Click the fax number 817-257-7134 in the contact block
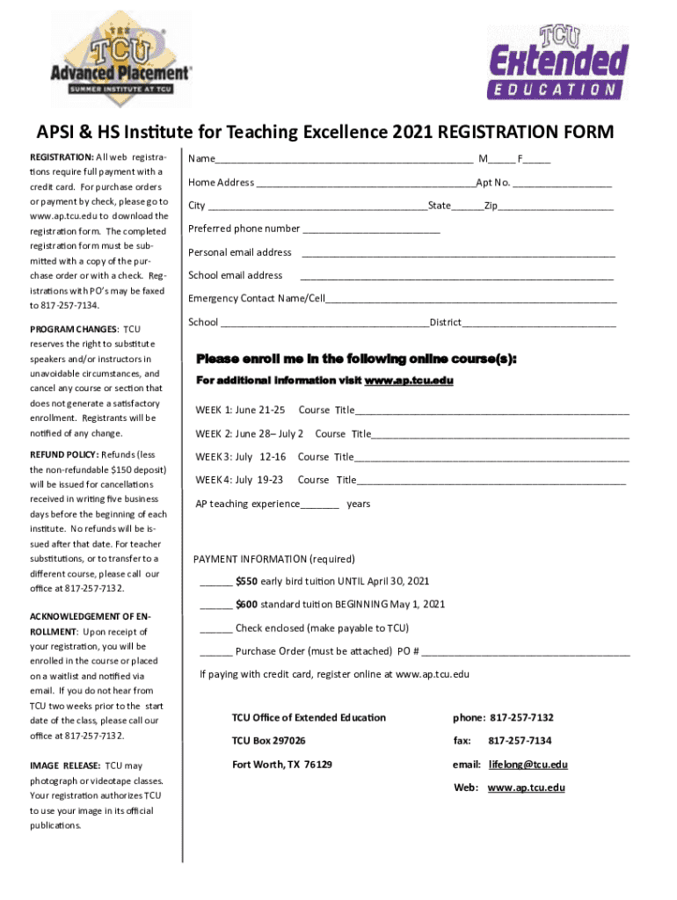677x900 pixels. click(520, 741)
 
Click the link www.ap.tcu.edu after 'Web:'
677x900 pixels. click(526, 787)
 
